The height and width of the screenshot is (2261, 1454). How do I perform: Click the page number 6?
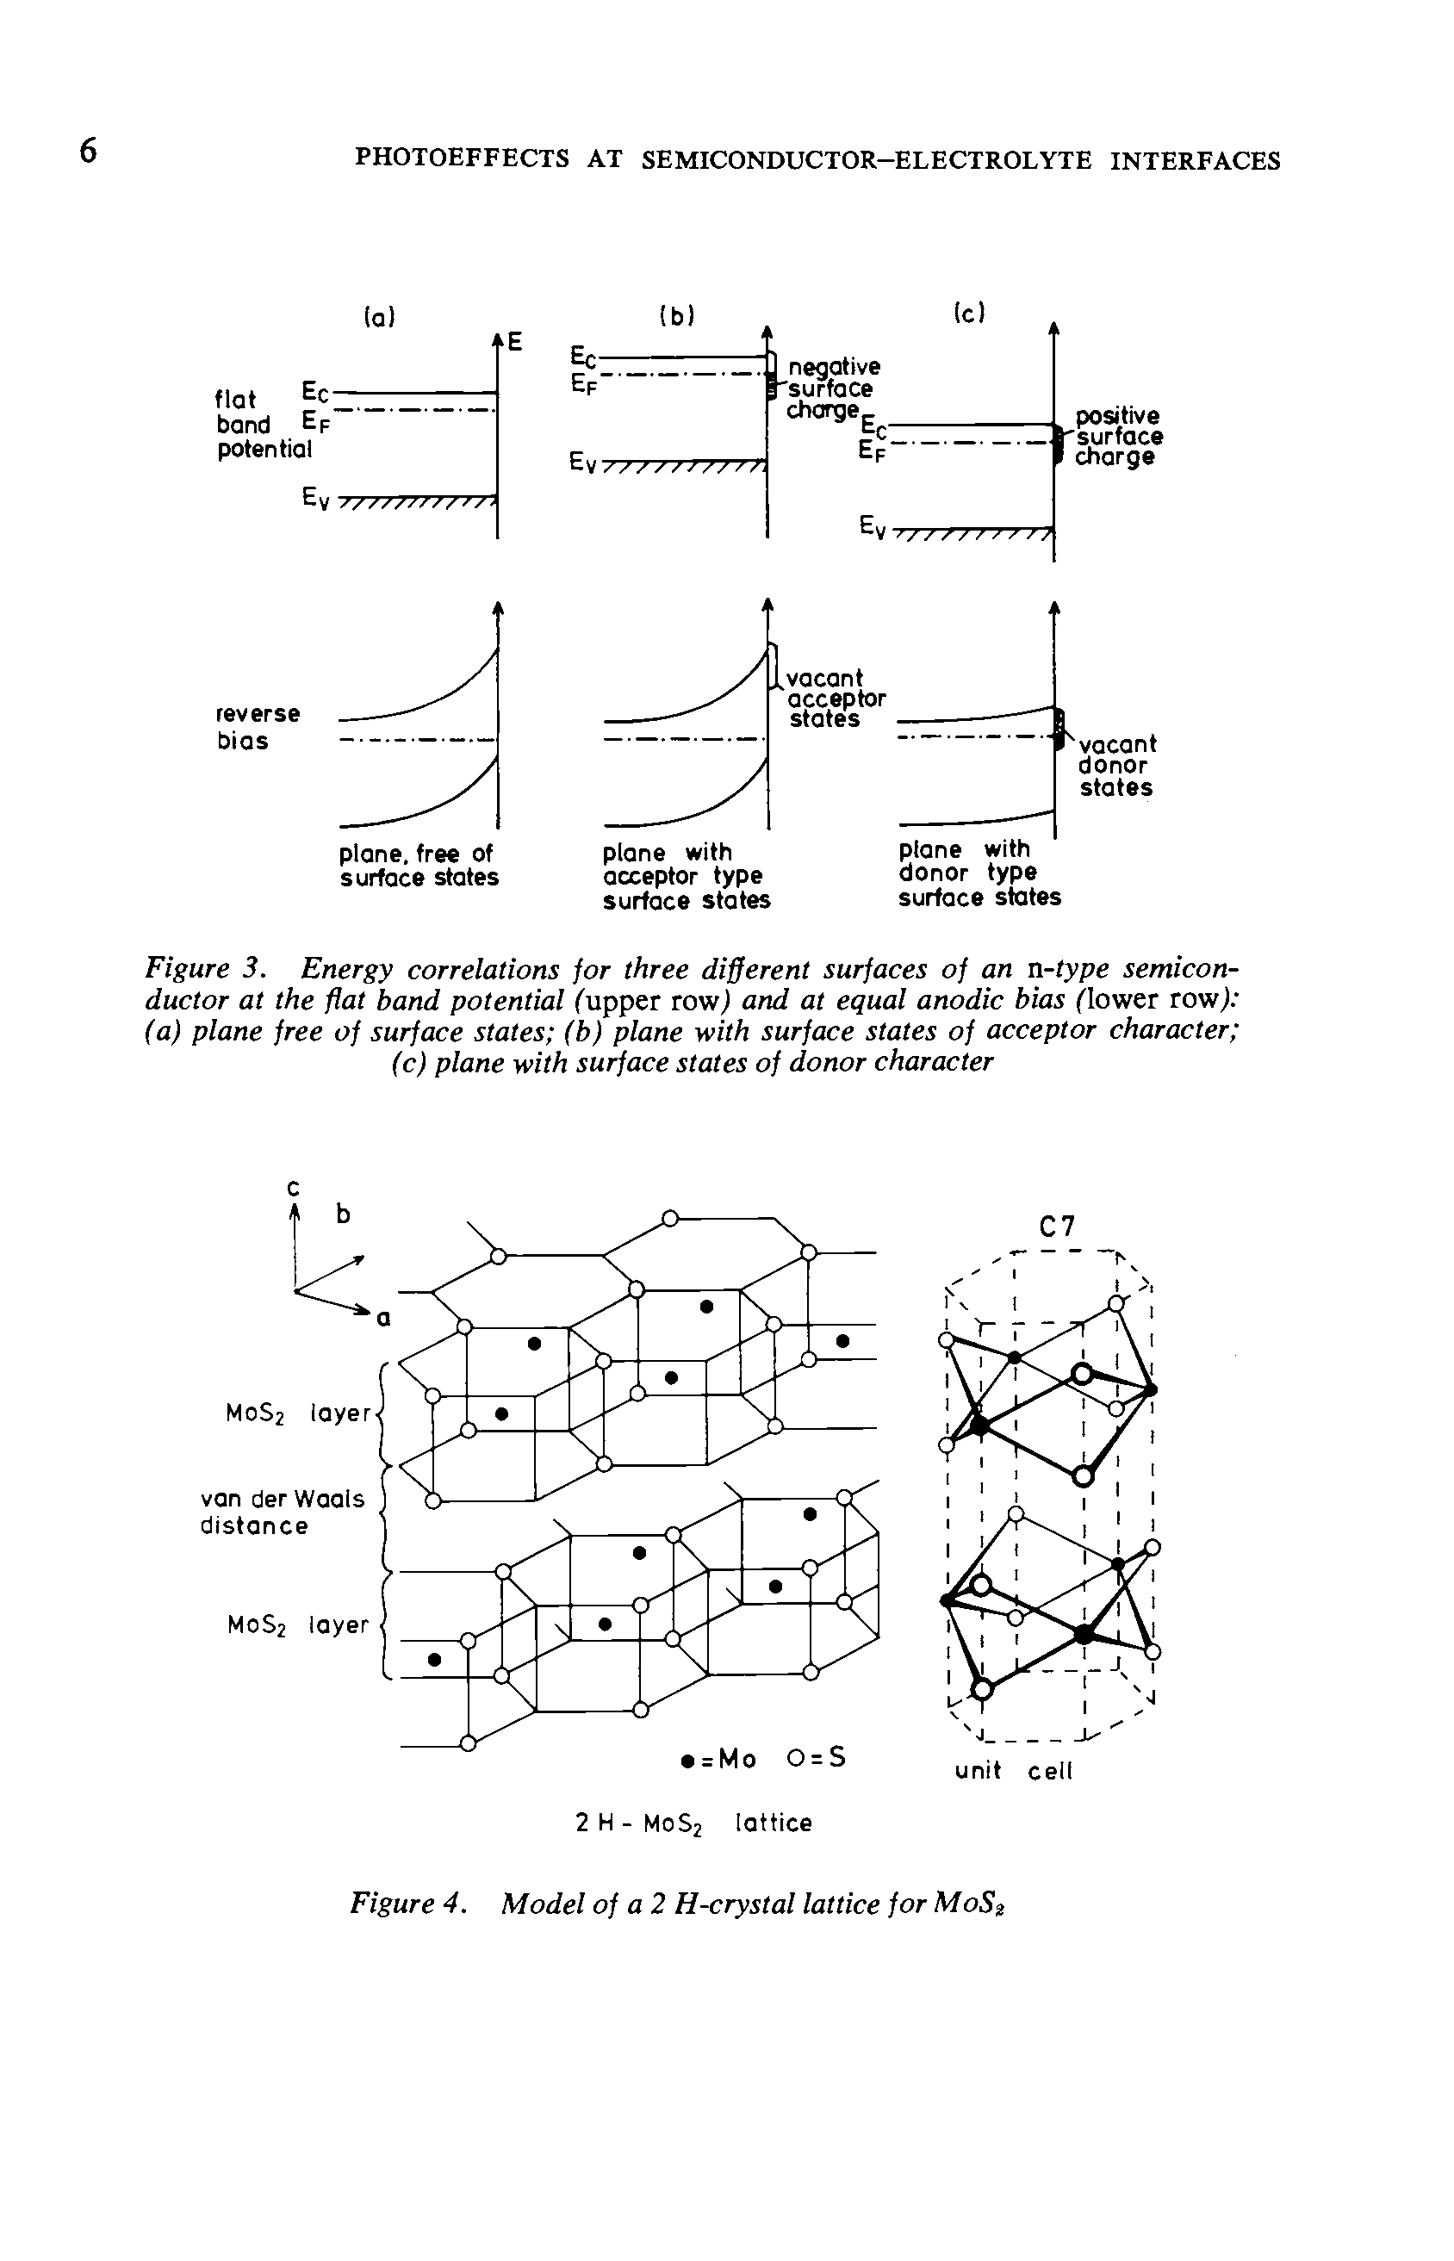88,151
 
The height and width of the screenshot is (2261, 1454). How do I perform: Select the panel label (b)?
677,316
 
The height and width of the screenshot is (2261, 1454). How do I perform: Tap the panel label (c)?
970,313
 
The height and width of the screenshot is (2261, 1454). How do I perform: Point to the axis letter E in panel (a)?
514,341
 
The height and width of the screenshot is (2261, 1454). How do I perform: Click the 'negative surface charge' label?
831,388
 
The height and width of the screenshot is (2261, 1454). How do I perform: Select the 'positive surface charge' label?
1118,436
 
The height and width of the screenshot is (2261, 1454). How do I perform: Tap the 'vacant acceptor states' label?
836,699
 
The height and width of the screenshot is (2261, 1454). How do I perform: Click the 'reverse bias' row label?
257,726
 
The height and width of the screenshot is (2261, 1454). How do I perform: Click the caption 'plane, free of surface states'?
419,865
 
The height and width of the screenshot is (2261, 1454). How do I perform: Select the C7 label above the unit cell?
1057,1227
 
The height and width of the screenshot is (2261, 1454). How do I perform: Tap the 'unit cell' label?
1013,1771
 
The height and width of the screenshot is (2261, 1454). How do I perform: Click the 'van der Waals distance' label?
282,1512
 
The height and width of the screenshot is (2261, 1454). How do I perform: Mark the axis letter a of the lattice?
383,1319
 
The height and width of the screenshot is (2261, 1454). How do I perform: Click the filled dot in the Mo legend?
687,1760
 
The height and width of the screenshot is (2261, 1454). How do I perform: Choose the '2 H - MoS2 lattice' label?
694,1823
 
